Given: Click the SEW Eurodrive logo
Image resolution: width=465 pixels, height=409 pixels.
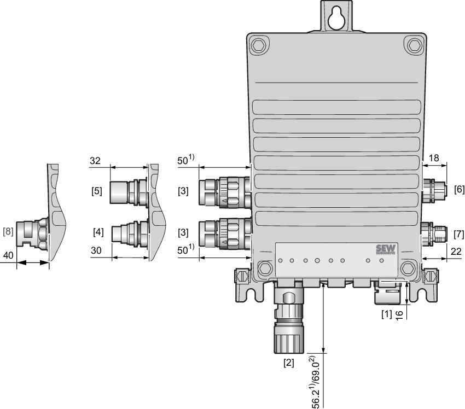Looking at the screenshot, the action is [386, 249].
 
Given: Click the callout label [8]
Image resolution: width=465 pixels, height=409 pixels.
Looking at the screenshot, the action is [8, 231].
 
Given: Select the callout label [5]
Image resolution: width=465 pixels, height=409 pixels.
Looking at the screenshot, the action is [97, 191].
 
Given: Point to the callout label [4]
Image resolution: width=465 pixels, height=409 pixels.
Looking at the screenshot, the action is [98, 232].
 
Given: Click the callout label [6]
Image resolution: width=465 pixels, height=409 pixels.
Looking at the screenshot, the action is [460, 189].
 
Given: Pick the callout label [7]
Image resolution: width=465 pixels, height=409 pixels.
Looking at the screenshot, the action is [459, 234].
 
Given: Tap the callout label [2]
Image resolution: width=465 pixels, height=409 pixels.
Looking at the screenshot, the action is [289, 363].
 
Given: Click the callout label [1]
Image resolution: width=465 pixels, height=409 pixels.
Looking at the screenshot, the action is [386, 314].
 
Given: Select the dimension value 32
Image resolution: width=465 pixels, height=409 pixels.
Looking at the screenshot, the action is [95, 161].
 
